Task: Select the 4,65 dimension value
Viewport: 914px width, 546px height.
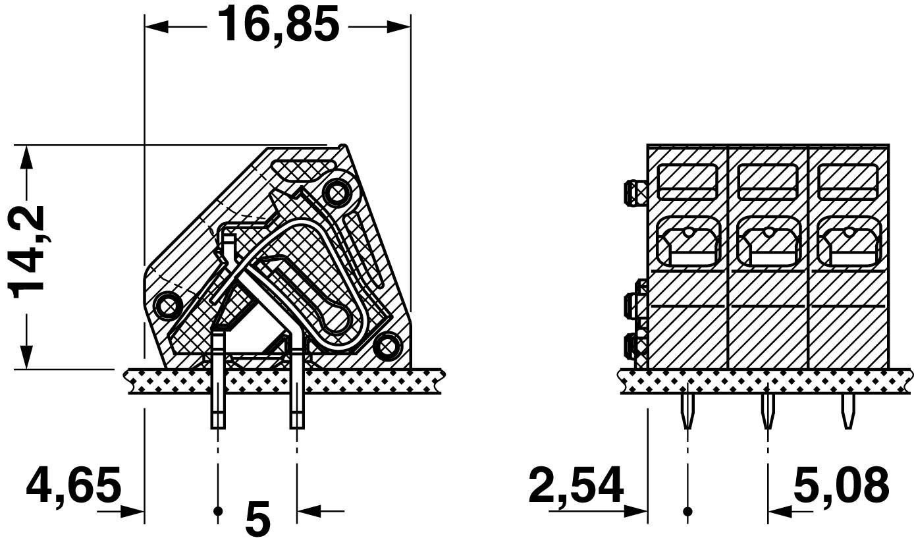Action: pos(74,485)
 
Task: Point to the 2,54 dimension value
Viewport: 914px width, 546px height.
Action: pos(576,485)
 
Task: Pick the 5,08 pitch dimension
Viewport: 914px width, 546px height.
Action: pos(842,485)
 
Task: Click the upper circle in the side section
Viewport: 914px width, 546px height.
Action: pos(337,194)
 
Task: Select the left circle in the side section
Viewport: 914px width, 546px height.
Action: pos(167,306)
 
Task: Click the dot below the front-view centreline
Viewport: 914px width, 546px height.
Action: pos(687,511)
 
